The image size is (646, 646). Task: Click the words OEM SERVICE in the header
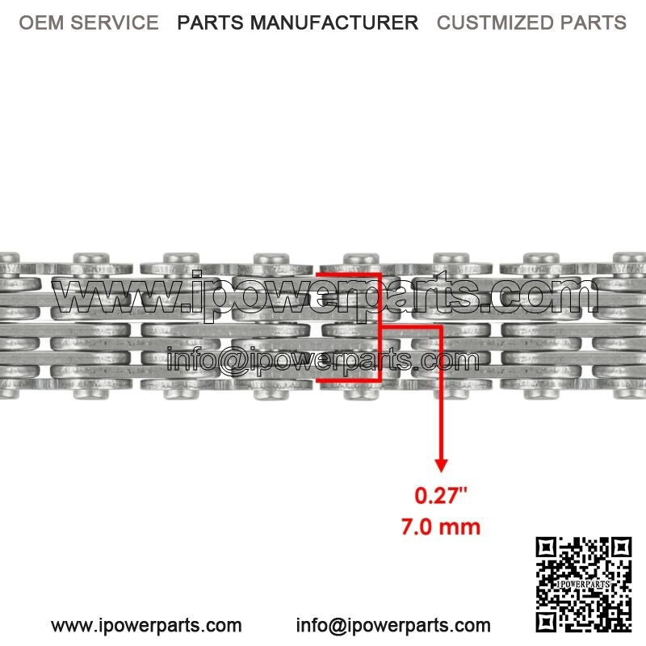[x=89, y=23]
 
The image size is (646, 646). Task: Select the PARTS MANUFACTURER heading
[x=297, y=23]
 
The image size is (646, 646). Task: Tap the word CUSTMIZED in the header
[x=495, y=23]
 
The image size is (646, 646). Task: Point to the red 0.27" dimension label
[x=441, y=495]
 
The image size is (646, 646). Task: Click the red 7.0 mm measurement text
[x=441, y=527]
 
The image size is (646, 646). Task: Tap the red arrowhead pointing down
[x=441, y=465]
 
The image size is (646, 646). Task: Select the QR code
[x=583, y=584]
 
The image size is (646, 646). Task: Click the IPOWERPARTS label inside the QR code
[x=583, y=584]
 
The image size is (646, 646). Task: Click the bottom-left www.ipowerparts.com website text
[x=146, y=625]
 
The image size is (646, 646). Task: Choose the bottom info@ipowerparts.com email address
[x=393, y=625]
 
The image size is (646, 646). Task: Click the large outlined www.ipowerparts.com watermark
[x=325, y=295]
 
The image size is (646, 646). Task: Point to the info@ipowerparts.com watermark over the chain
[x=322, y=360]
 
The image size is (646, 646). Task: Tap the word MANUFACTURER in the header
[x=334, y=23]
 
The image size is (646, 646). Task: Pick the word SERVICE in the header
[x=115, y=23]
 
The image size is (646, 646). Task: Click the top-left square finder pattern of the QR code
[x=546, y=547]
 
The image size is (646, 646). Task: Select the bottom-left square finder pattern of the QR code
[x=546, y=622]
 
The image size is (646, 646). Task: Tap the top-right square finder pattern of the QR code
[x=622, y=547]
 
